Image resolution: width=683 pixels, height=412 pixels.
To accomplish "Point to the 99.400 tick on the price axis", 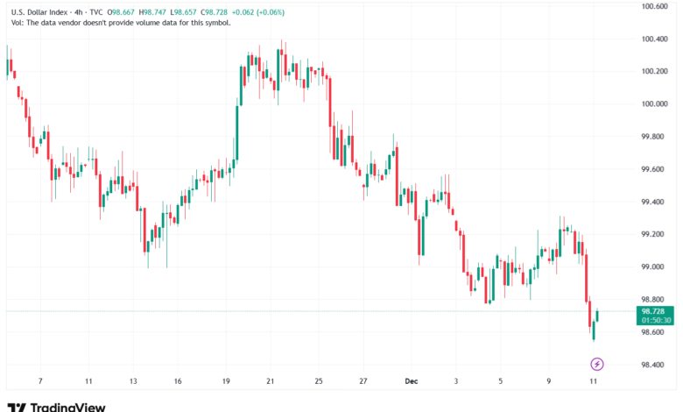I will (x=653, y=202).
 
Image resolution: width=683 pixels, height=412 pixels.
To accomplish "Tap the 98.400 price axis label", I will (x=653, y=365).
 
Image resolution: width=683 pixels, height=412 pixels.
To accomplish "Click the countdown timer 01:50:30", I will (x=656, y=321).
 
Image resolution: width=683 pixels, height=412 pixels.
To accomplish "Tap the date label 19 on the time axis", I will (x=227, y=381).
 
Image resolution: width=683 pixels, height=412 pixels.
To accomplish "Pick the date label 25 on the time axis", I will (x=319, y=381).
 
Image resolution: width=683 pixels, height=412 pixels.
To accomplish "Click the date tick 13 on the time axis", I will (x=133, y=381).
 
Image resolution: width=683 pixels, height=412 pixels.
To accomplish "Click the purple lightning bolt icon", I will (x=597, y=364).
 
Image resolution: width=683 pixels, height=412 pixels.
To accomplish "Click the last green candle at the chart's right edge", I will (x=597, y=315).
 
